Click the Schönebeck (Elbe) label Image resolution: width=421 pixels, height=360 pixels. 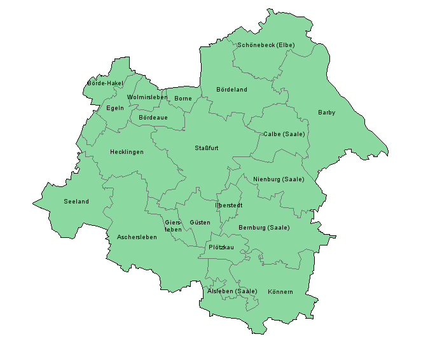[266, 45]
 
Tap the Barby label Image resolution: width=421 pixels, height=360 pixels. [326, 113]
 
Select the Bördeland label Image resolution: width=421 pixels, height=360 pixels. [231, 90]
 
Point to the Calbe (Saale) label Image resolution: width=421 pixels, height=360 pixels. [284, 134]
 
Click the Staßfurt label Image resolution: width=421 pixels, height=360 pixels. [207, 148]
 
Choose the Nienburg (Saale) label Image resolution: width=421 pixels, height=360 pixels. [279, 179]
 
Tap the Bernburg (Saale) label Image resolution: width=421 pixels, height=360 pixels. [264, 228]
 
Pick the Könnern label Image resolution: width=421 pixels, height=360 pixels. [280, 292]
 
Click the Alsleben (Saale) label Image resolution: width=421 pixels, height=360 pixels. [233, 291]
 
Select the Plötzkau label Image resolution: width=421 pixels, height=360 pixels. [221, 247]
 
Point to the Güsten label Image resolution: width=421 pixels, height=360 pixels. [200, 223]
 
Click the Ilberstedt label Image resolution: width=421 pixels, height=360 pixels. [229, 205]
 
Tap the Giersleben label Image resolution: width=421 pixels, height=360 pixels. [173, 226]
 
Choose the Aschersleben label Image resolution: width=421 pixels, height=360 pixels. [137, 237]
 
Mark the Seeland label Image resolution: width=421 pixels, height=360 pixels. [76, 202]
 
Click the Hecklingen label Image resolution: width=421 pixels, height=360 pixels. [127, 152]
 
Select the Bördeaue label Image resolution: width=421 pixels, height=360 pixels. [153, 118]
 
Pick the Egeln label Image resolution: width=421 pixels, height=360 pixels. [115, 108]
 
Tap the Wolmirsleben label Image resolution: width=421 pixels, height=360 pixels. [148, 97]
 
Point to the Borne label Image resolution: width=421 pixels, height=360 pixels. [183, 99]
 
